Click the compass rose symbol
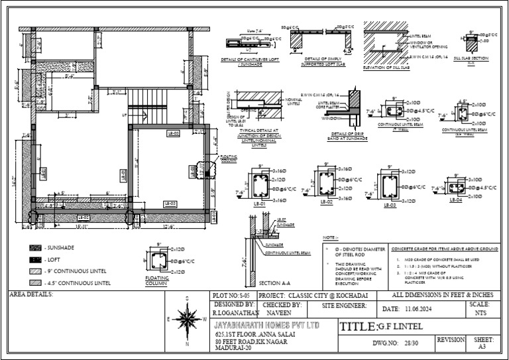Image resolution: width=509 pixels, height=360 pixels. coord(187,320)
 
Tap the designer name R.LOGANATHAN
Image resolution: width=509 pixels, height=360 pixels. coord(233,310)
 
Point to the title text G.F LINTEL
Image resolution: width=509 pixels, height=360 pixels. coord(402,327)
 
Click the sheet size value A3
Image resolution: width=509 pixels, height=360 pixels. coord(482,346)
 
